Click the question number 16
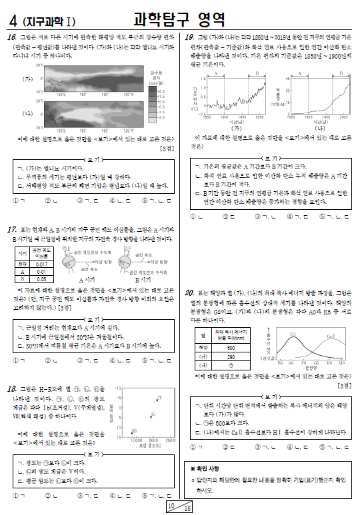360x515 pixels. click(12, 39)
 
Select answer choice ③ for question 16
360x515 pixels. click(79, 199)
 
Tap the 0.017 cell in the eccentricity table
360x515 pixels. click(41, 264)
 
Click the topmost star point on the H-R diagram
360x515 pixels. click(159, 397)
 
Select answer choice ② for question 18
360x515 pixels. click(47, 496)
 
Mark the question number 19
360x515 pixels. click(189, 39)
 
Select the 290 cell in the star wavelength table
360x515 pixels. click(231, 356)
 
